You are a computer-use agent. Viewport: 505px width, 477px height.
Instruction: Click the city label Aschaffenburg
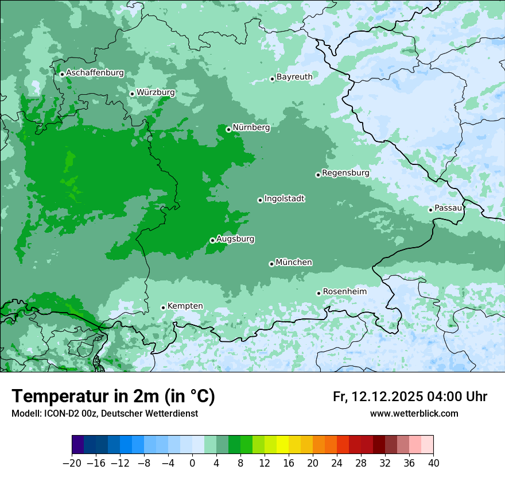(95, 73)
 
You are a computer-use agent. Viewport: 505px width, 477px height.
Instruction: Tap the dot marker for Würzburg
(132, 94)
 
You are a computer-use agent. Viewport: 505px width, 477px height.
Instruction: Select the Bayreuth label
(294, 76)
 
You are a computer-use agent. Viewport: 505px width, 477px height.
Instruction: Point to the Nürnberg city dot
(228, 129)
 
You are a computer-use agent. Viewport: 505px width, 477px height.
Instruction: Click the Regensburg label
(345, 172)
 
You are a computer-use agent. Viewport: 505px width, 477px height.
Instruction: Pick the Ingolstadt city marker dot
(260, 200)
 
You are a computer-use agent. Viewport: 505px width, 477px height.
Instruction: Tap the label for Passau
(448, 207)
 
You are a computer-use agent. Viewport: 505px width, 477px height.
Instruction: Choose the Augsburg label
(235, 238)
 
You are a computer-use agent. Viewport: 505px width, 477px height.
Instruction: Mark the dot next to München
(271, 264)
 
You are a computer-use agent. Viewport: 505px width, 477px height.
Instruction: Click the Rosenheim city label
(344, 291)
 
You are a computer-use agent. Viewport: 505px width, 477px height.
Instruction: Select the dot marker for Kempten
(163, 307)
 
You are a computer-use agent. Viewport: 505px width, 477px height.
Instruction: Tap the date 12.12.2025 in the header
(387, 397)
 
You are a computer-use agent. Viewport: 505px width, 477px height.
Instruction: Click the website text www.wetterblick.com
(414, 413)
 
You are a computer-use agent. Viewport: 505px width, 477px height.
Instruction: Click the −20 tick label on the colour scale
(72, 463)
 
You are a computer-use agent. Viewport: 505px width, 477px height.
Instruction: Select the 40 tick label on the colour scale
(433, 463)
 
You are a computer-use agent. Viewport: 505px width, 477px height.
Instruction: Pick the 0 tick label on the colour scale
(192, 463)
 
